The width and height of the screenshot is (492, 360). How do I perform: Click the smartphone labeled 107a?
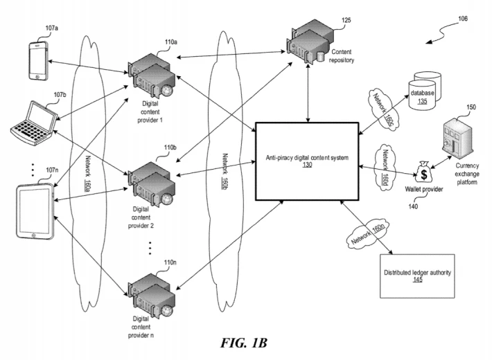[39, 61]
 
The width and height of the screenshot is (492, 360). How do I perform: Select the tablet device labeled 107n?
[35, 212]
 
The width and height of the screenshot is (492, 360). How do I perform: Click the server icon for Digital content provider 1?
[151, 75]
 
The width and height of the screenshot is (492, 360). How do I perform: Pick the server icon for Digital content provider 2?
[151, 183]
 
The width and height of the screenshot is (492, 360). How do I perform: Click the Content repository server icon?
[308, 42]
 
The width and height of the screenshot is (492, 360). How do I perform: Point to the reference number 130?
[307, 164]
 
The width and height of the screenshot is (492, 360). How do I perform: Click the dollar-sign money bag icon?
[423, 172]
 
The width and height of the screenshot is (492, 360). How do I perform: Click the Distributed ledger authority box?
[417, 276]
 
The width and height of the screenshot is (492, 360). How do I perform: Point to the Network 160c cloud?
[383, 107]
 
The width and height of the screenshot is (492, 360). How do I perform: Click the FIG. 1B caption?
[244, 343]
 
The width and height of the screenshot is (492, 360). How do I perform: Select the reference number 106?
[463, 19]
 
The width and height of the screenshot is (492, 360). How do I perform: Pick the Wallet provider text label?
[424, 189]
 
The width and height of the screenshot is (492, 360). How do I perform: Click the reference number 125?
[346, 20]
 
